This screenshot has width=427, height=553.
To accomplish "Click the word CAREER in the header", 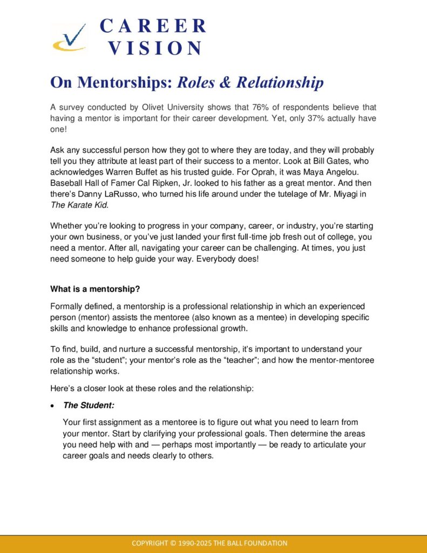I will click(153, 26).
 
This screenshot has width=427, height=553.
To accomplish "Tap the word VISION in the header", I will click(155, 48).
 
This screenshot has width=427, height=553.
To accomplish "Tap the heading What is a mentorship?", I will click(95, 288).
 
